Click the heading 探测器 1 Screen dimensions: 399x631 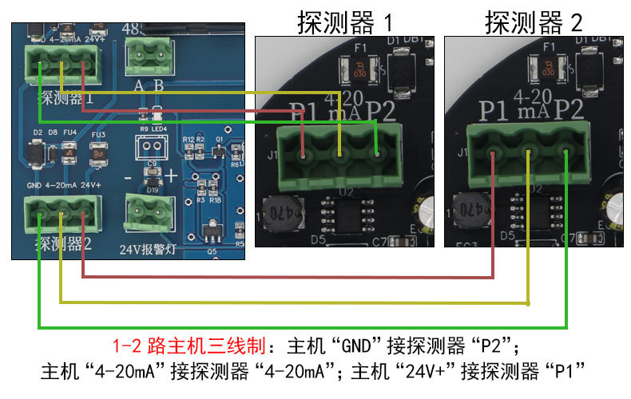coord(345,22)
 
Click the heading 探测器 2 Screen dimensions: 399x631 coord(534,22)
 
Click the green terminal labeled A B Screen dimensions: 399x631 coord(149,57)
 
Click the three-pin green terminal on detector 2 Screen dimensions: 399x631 coord(528,148)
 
